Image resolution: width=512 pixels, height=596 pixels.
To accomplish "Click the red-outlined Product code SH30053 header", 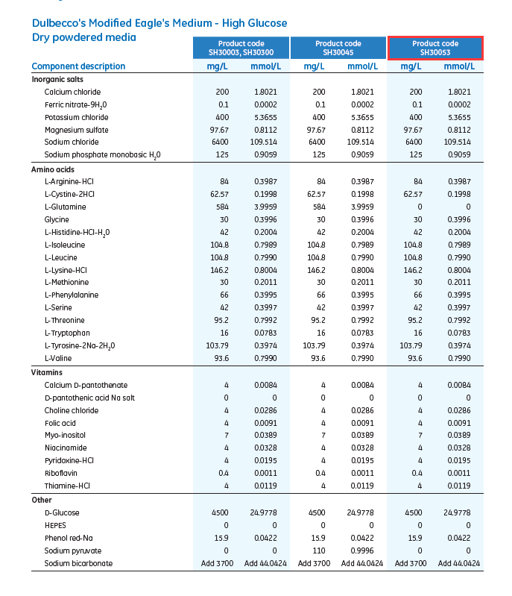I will (435, 48).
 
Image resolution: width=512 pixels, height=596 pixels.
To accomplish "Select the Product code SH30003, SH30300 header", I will (241, 48).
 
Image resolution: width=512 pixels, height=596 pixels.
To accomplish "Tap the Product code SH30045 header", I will (338, 48).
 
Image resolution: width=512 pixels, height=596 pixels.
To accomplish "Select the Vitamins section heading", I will (46, 372).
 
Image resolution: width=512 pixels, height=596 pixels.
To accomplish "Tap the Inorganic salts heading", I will (57, 79).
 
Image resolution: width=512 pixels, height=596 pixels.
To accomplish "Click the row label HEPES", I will (56, 525).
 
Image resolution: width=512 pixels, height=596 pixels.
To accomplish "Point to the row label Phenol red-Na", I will (69, 538).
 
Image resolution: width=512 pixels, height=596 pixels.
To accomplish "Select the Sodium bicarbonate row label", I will (78, 563).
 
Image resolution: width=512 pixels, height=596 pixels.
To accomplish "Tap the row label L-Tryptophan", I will (67, 333).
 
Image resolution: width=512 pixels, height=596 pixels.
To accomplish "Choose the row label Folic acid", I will (61, 423).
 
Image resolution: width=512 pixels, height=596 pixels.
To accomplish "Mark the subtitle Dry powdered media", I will (84, 37).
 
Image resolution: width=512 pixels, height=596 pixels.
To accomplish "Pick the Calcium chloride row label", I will (72, 92).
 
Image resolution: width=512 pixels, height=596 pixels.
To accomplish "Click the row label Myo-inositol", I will (66, 436).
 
